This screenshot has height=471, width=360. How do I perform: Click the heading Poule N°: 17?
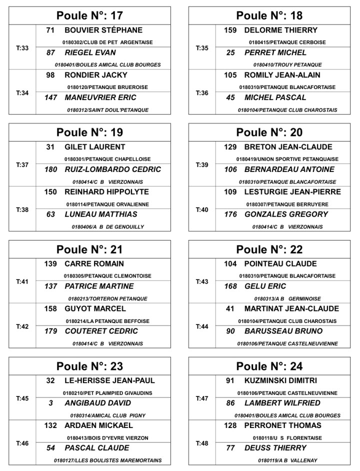pos(89,15)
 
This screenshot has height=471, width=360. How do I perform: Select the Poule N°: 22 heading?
pos(269,249)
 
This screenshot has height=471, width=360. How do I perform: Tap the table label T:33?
pos(22,48)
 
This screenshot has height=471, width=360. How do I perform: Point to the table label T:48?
pos(202,443)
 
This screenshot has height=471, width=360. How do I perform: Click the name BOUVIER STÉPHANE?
pos(103,30)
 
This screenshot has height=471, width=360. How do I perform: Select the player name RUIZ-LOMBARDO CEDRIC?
pos(113,169)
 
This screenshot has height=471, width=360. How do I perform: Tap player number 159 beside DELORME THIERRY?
pos(230,30)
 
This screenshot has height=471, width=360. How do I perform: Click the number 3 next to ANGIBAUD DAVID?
pos(51,403)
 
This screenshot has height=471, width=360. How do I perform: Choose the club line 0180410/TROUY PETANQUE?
pos(287,65)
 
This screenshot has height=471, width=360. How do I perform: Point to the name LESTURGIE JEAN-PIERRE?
pos(292,192)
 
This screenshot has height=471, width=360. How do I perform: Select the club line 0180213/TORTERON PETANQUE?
pos(107,298)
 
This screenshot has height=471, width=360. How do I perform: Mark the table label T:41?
pos(22,281)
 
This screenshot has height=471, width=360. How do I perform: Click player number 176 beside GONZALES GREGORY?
pos(230,214)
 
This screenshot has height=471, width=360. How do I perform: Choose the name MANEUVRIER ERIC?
pos(100,97)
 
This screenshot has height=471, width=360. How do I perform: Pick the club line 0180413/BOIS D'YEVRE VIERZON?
pos(107,438)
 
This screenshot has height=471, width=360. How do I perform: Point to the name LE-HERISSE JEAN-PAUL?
pos(110,380)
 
